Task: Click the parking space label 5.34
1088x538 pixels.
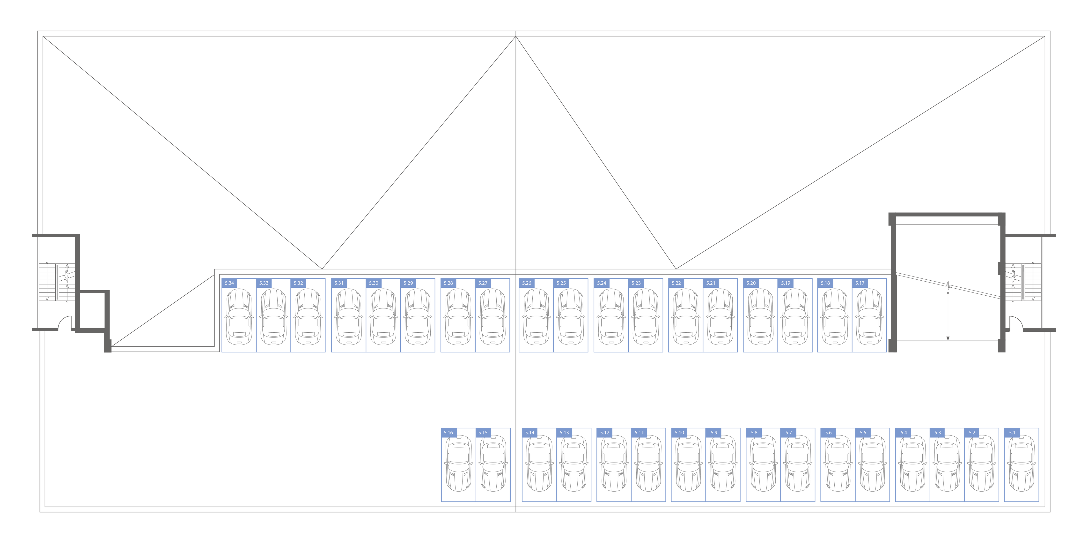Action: pos(229,283)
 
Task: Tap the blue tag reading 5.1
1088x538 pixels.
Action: pos(1012,432)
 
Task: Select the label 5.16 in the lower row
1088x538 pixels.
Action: pos(448,432)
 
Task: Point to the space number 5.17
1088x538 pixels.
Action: pos(860,283)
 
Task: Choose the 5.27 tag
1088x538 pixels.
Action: pos(483,283)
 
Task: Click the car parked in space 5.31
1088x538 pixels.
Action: pos(349,317)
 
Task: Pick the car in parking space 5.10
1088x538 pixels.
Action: pos(688,463)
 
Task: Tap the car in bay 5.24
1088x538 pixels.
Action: pos(611,317)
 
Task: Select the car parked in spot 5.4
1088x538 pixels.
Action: pos(913,463)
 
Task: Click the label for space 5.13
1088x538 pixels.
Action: pos(564,432)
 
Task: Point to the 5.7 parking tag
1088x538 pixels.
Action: pos(788,432)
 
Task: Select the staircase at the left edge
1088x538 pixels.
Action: pos(57,282)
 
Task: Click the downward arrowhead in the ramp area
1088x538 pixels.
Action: pos(948,338)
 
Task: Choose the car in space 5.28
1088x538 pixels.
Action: pos(458,317)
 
